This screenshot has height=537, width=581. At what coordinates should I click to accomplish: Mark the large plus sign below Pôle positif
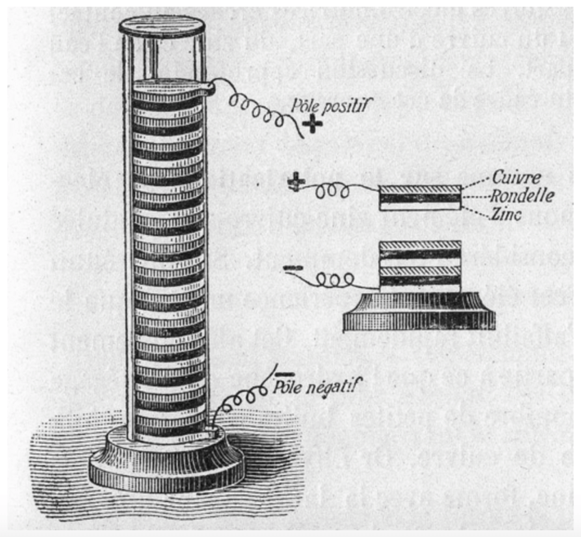coord(314,124)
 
